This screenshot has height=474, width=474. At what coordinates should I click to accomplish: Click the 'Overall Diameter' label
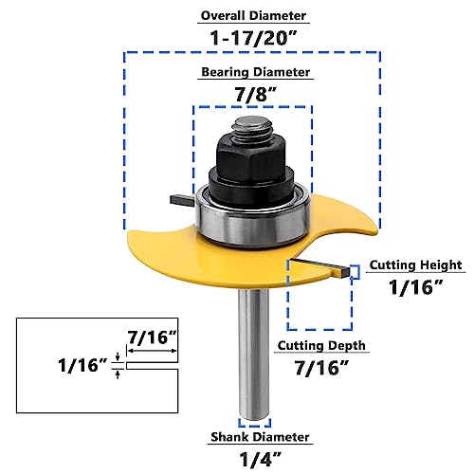tap(251, 16)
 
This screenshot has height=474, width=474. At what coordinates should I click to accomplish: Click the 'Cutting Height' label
tap(414, 265)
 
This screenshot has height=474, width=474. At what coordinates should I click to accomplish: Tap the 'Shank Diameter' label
tap(259, 437)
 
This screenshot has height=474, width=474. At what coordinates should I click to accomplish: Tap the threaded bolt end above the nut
tap(251, 121)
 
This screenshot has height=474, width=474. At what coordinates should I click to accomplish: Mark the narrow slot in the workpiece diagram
tap(152, 364)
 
